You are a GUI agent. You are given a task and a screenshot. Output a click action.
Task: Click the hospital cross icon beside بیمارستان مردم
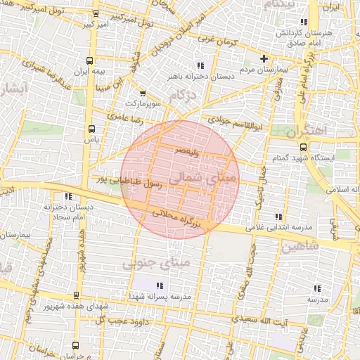tap(264, 59)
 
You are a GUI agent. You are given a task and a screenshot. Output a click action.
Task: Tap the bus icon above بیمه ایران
tap(89, 61)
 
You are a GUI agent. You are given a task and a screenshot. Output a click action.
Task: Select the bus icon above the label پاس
tap(91, 129)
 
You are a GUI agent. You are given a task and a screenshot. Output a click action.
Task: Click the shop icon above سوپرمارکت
tap(143, 93)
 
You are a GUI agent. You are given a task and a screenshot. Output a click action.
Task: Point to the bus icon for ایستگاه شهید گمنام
tap(303, 147)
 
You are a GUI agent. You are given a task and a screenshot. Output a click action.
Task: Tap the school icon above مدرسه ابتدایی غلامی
tap(279, 217)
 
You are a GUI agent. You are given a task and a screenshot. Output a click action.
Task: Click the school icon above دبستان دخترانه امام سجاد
tap(67, 196)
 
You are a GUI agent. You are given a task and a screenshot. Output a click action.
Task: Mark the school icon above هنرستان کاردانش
tap(304, 23)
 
